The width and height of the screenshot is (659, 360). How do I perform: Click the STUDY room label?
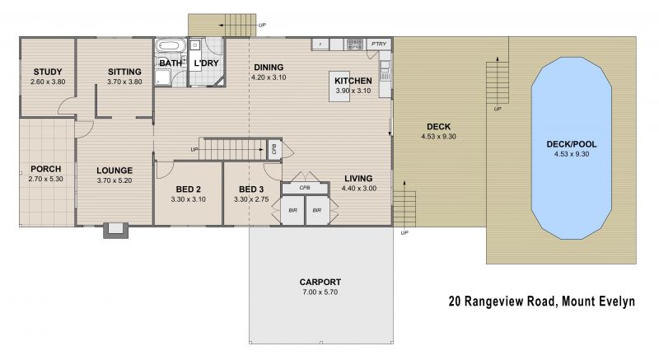48,72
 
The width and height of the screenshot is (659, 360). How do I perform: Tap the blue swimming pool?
571,147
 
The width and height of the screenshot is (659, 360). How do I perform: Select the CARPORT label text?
320,283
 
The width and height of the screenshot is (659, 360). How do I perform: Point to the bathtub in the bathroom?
171,46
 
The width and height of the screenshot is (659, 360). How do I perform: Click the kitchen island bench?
339,86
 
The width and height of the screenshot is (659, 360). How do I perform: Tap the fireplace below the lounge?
115,231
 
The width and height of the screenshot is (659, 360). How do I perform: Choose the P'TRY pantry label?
379,44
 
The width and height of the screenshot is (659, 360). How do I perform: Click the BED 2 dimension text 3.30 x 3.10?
189,199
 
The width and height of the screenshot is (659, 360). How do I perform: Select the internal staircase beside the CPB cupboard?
232,150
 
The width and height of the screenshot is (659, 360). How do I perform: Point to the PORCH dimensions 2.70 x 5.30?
46,179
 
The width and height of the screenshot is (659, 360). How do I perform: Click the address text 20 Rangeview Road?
502,302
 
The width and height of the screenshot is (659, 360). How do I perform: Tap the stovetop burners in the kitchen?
355,44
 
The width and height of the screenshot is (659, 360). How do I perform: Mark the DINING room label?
269,68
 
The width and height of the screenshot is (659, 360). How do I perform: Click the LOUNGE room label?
115,171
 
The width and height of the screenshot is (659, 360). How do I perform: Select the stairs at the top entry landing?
241,26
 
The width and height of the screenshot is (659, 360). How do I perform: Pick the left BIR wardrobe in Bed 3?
292,210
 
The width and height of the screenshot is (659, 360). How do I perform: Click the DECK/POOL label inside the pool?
571,144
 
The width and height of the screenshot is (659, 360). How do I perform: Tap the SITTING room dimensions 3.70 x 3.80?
124,82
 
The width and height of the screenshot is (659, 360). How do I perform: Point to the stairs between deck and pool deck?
498,82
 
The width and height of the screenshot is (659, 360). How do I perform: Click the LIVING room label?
358,179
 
